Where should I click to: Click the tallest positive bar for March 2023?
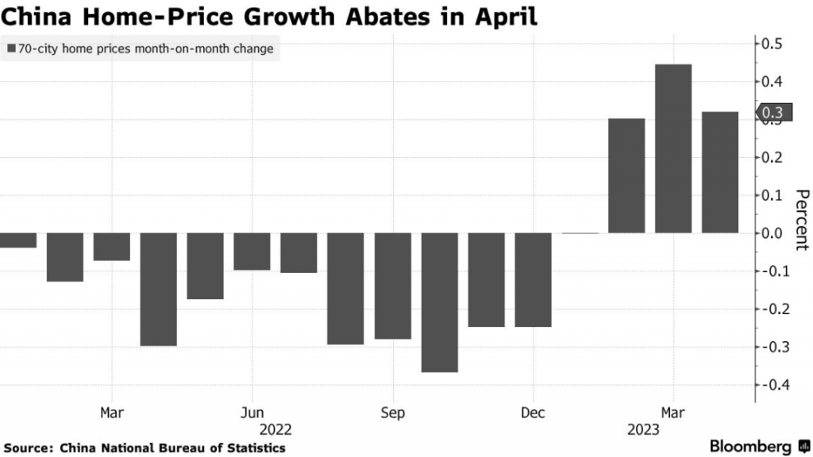click(673, 149)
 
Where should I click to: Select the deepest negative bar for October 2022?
click(439, 302)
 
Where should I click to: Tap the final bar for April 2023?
click(720, 173)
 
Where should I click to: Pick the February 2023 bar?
click(626, 176)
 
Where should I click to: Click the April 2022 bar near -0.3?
click(159, 290)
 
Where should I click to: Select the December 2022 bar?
click(533, 280)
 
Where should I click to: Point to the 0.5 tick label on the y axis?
click(772, 44)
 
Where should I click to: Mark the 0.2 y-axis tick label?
click(772, 157)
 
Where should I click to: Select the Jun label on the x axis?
click(252, 413)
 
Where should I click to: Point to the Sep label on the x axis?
click(392, 413)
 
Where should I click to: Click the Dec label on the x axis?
click(533, 413)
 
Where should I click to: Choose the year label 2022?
click(275, 430)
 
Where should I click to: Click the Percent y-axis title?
click(801, 219)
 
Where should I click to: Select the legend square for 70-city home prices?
click(11, 49)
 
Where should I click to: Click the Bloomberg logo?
click(754, 446)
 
